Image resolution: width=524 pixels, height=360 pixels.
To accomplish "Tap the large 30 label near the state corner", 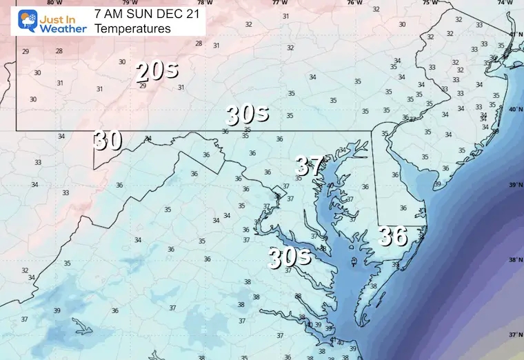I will [x=108, y=140].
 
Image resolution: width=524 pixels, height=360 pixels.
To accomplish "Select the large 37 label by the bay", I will [x=310, y=166].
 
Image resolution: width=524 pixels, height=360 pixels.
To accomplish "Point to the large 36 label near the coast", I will [x=393, y=237].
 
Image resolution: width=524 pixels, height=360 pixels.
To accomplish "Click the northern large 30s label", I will [x=246, y=115].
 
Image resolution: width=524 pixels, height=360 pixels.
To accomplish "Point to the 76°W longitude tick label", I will [x=354, y=3].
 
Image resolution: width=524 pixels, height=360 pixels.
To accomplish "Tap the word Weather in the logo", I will [x=63, y=29].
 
